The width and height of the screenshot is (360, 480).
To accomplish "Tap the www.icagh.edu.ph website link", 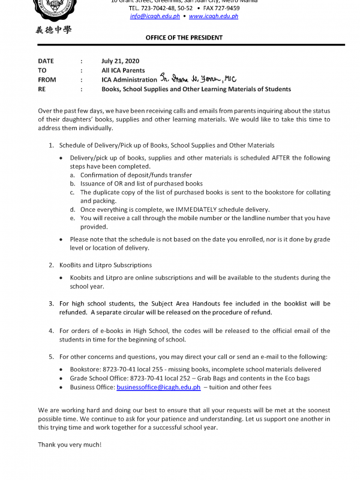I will tap(214, 16).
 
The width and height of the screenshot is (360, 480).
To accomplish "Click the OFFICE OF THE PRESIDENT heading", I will tap(184, 37).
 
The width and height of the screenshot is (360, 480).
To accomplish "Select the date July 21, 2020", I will tap(121, 61).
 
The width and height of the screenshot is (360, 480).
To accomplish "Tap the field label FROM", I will tap(47, 80).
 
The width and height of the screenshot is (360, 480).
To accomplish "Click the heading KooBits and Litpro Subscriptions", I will tap(106, 265).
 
